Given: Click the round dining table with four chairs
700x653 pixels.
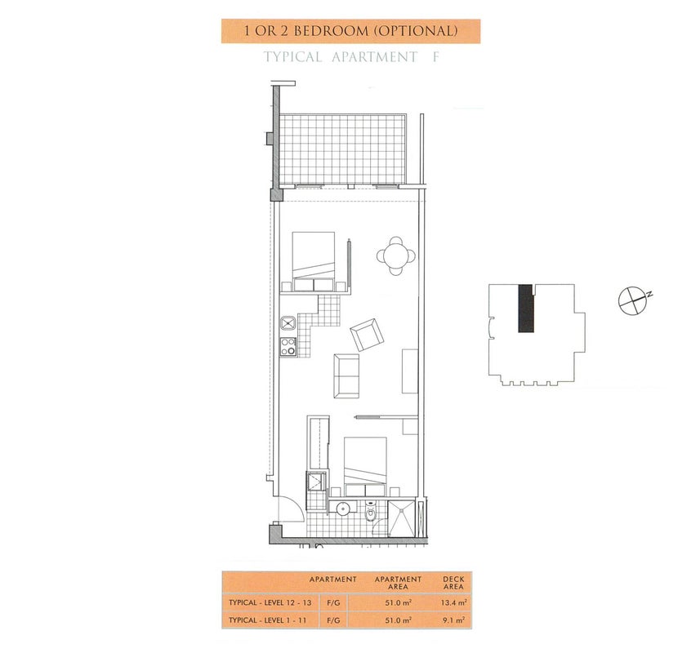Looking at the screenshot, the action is click(396, 255).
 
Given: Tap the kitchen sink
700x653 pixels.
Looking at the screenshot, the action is click(288, 322).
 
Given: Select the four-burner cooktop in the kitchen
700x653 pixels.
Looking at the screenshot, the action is click(288, 347).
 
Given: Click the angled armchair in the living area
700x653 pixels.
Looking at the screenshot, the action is click(367, 335).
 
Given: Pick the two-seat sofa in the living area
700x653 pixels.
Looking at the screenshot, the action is click(346, 375).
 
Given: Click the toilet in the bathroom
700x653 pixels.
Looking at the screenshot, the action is click(371, 513).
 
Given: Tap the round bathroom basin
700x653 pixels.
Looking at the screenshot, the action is click(343, 509).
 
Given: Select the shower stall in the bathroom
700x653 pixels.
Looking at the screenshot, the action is click(401, 518).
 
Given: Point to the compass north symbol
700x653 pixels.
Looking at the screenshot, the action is click(632, 300).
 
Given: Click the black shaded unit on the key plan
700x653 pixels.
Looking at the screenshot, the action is click(526, 308).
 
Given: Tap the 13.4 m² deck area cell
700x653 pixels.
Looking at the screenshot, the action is click(453, 602).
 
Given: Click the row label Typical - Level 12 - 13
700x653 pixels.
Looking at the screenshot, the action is click(270, 602).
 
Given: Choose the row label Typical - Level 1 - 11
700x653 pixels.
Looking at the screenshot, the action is click(267, 620).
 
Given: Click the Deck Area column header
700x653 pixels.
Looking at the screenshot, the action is click(453, 583).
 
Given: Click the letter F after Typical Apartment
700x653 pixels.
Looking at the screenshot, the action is click(435, 57).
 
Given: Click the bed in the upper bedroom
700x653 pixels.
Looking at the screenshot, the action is click(314, 262).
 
